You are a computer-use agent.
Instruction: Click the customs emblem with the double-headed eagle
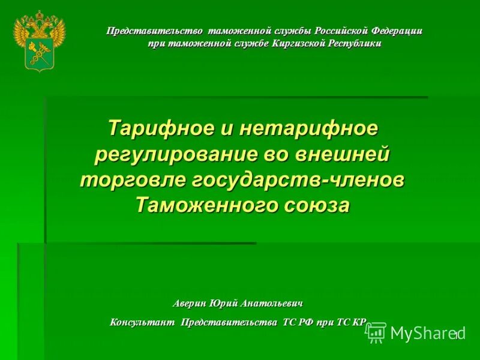click(x=39, y=41)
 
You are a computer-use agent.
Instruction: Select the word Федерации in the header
click(x=397, y=31)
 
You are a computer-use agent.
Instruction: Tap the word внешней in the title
click(x=341, y=154)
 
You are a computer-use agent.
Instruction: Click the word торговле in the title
click(x=133, y=179)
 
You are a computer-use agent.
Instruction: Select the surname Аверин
click(x=191, y=303)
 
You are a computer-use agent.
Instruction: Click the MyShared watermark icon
click(x=376, y=332)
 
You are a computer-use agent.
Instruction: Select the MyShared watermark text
click(x=427, y=333)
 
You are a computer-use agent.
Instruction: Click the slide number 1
click(x=456, y=335)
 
